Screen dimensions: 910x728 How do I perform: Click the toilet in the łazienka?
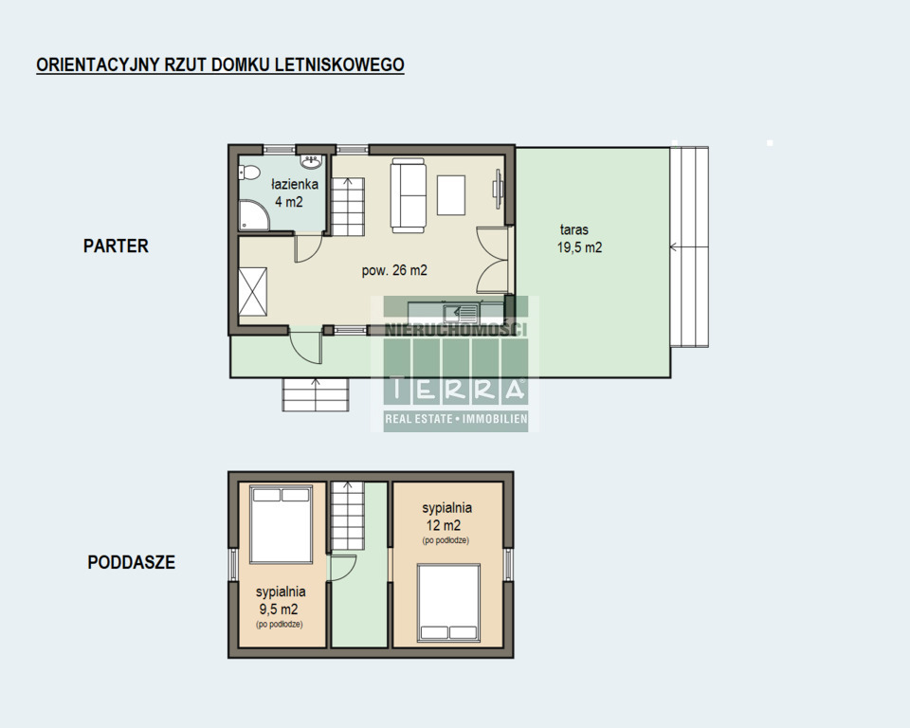[249, 173]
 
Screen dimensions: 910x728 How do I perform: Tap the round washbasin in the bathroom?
[312, 161]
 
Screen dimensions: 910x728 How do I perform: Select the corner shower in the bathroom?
[254, 215]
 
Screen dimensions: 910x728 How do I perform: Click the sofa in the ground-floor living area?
[408, 195]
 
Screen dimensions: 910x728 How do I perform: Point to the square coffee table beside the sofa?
[451, 195]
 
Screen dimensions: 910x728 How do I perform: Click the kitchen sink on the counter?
[461, 314]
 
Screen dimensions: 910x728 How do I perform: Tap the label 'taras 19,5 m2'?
[579, 239]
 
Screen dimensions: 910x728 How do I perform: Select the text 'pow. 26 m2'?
[394, 270]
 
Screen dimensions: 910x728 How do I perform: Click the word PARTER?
[116, 246]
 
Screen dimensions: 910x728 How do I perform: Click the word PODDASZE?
[131, 562]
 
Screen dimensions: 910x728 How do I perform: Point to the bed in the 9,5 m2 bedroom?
[281, 524]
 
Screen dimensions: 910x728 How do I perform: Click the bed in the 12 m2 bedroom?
[448, 603]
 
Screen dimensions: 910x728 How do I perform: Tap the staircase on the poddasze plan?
[347, 516]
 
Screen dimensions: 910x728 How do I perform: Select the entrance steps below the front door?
[315, 394]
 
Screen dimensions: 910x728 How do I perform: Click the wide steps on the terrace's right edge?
[689, 246]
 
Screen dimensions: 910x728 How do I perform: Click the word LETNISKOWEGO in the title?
[339, 64]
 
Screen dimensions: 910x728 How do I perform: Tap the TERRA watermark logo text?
[456, 389]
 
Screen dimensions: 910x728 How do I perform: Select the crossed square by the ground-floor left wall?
[253, 291]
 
